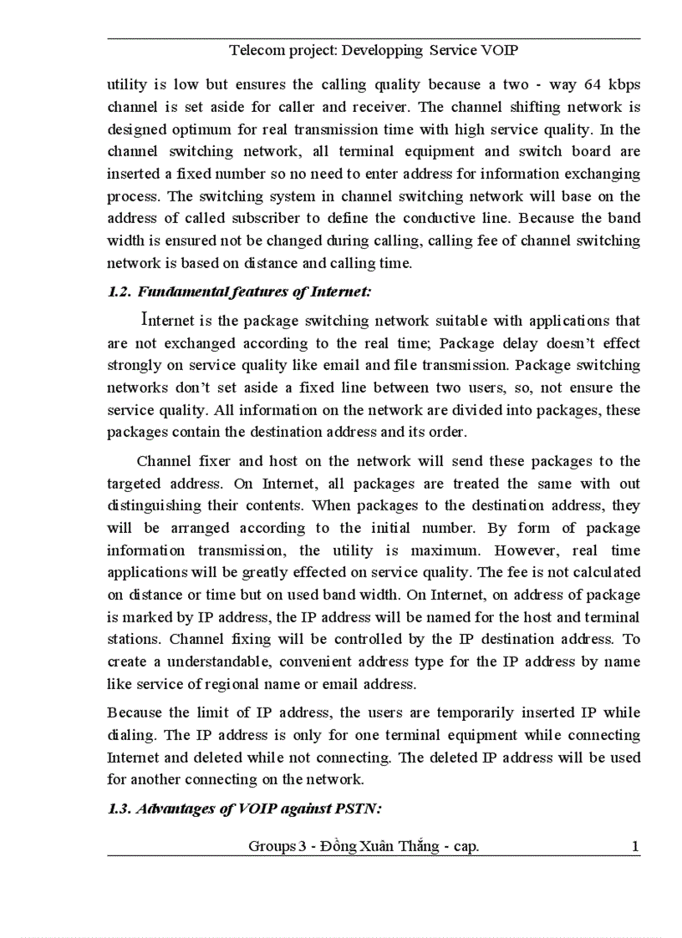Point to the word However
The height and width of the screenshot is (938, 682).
pyautogui.click(x=527, y=550)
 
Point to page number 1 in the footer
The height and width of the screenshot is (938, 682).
pyautogui.click(x=635, y=847)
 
